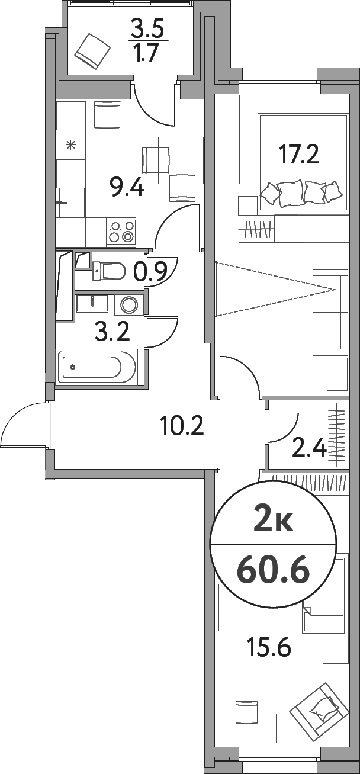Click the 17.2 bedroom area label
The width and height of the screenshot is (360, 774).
pyautogui.click(x=299, y=155)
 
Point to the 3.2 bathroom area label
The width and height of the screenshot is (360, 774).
pyautogui.click(x=112, y=332)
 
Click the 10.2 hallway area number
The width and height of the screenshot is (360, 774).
pyautogui.click(x=182, y=425)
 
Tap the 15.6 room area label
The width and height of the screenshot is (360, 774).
pyautogui.click(x=269, y=650)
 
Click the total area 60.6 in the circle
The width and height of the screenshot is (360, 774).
pyautogui.click(x=273, y=570)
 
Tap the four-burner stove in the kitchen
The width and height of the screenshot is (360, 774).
pyautogui.click(x=121, y=232)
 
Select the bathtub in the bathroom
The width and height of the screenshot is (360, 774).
pyautogui.click(x=98, y=367)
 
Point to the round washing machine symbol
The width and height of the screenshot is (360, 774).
pyautogui.click(x=129, y=305)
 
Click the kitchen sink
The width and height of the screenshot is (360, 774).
pyautogui.click(x=71, y=203)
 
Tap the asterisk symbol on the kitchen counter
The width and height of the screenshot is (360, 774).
pyautogui.click(x=71, y=144)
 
